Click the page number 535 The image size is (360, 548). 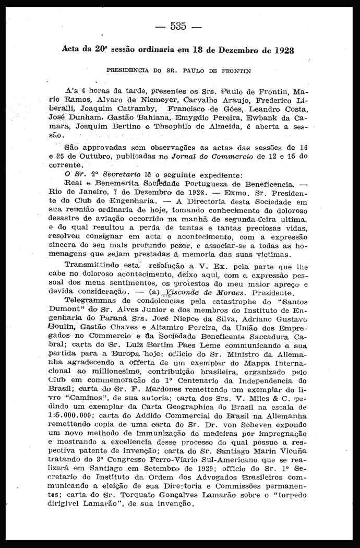click(x=178, y=27)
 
